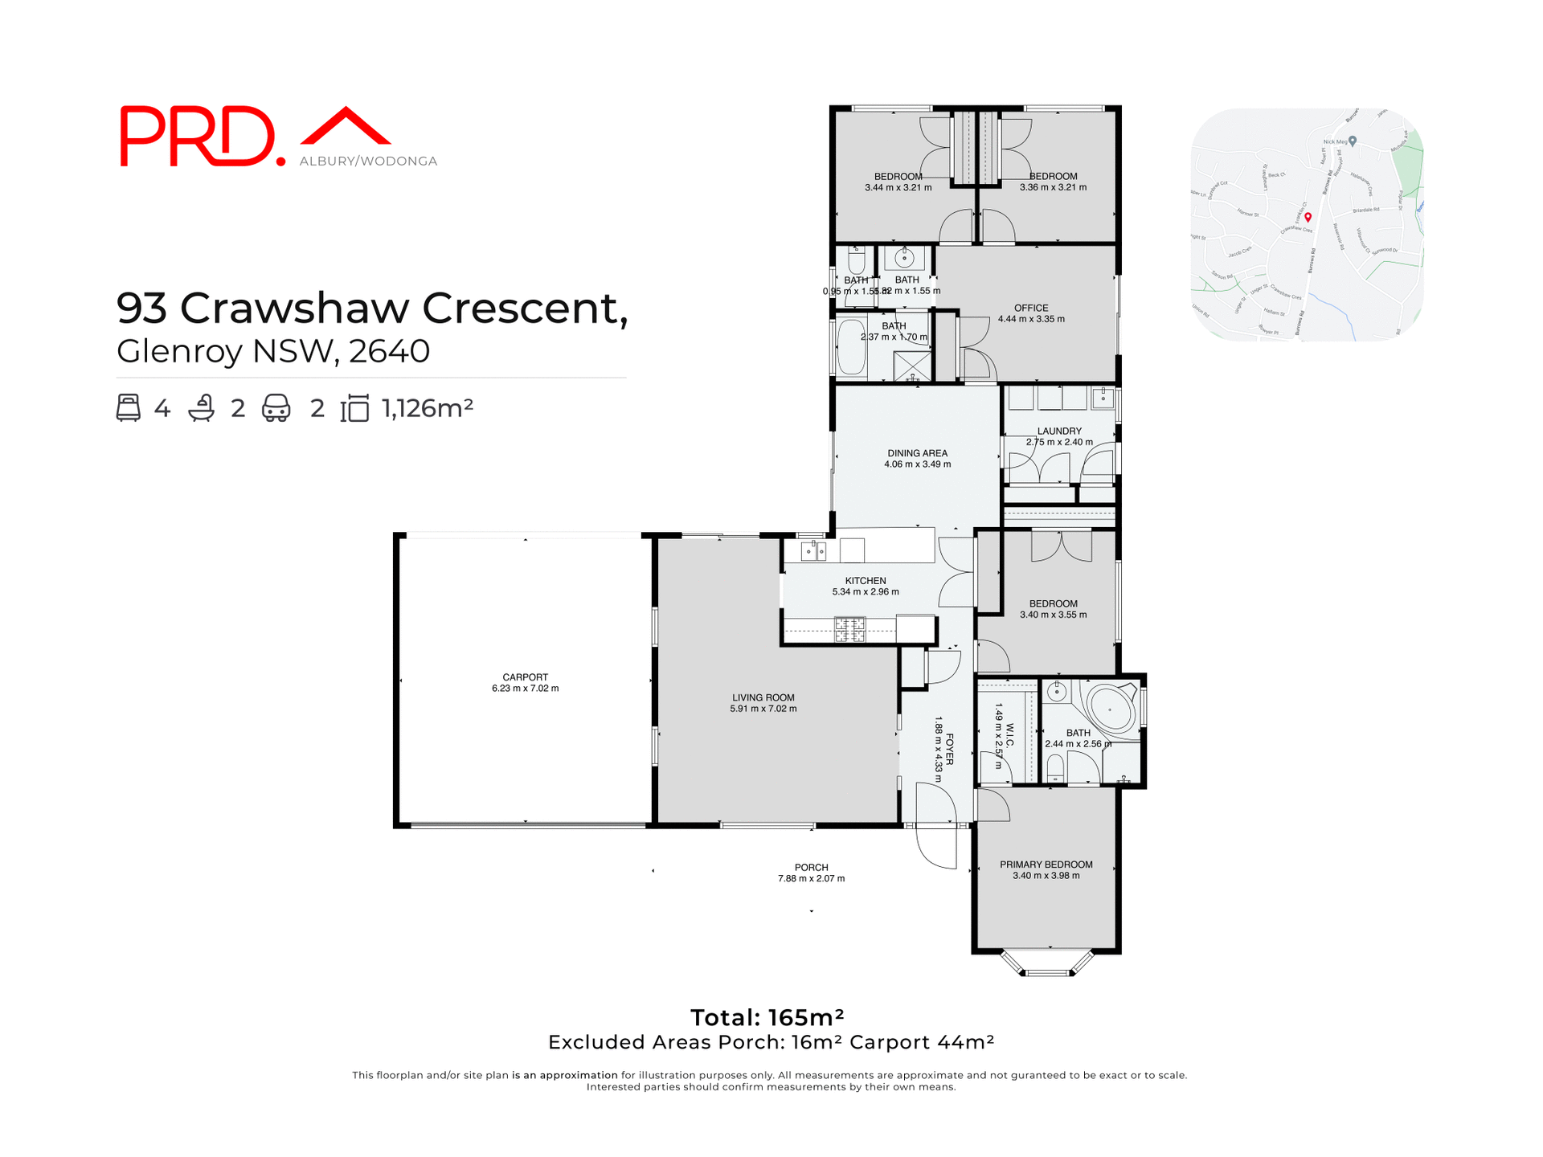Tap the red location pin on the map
pos(1308,217)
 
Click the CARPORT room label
pos(525,677)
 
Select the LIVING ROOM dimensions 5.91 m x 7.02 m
pos(763,709)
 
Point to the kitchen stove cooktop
pos(849,629)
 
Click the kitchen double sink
pos(814,551)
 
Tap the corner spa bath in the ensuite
pos(1112,708)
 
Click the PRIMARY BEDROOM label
pos(1046,865)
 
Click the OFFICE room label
pos(1031,308)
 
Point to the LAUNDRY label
pos(1059,431)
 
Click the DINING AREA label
pos(917,453)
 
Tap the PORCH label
pos(811,867)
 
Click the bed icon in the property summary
pos(129,407)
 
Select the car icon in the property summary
pos(276,407)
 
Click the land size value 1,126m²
pos(428,408)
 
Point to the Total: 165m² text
pos(767,1018)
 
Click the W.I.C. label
pos(1009,735)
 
